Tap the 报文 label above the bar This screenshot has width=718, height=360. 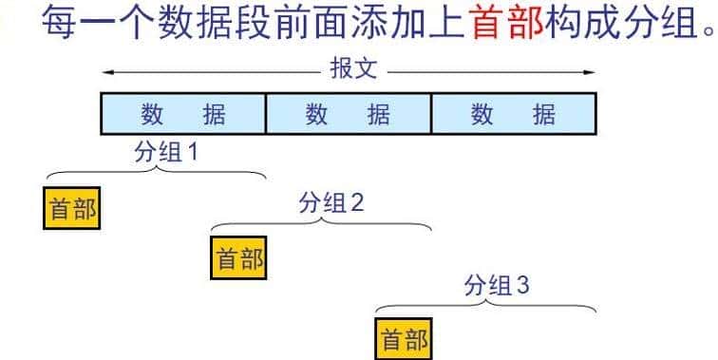tap(353, 71)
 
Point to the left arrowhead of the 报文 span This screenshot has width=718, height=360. tap(107, 71)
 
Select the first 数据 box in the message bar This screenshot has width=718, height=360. tap(183, 115)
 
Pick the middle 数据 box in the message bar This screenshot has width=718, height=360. tap(348, 115)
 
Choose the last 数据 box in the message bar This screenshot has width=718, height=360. tap(514, 115)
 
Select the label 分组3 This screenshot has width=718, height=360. tap(496, 285)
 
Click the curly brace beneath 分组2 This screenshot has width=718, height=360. tap(321, 224)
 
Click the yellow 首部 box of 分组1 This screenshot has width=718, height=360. tap(71, 208)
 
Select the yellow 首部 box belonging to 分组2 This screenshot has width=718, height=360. tap(238, 258)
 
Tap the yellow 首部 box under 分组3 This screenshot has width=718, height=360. tap(404, 339)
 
